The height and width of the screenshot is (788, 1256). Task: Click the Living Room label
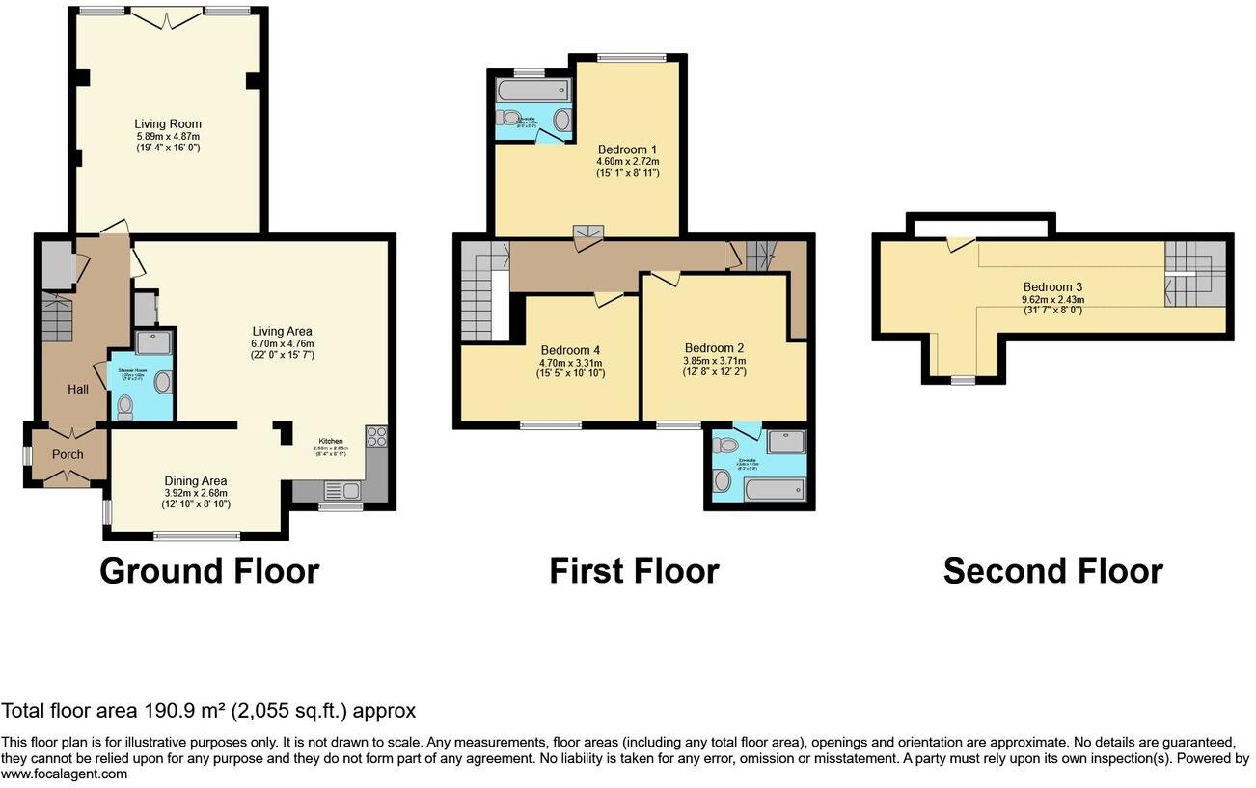(168, 124)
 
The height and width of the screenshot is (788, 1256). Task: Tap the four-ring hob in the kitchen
(376, 437)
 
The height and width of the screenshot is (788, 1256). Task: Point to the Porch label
(68, 454)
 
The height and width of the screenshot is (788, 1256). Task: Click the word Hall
(77, 389)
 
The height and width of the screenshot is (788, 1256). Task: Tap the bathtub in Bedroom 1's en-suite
(533, 92)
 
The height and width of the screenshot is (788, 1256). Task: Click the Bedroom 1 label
(627, 149)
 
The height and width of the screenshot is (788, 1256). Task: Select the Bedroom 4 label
(570, 350)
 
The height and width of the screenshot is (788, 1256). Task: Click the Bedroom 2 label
(714, 348)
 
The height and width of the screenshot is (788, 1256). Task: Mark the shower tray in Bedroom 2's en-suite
(787, 443)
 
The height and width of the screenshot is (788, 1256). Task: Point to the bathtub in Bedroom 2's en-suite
(775, 490)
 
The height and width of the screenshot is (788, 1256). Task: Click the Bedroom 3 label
(1052, 287)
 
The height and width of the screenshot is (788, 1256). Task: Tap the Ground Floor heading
(209, 571)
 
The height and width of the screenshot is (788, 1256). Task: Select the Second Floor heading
(1052, 571)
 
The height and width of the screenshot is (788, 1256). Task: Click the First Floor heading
(634, 571)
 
